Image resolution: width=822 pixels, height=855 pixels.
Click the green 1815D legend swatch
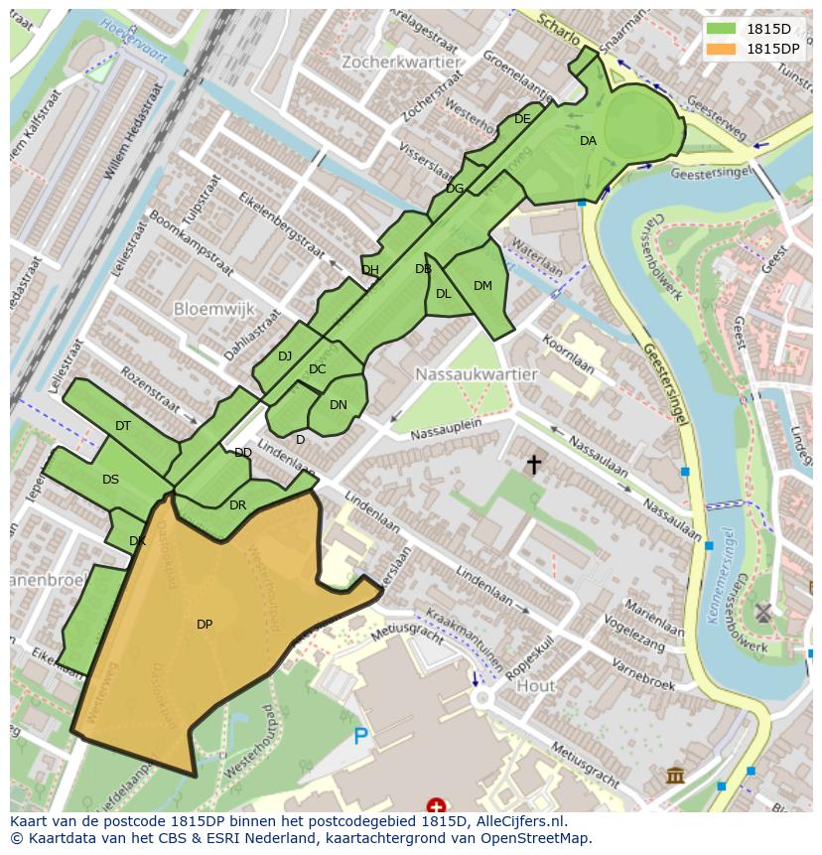(721, 29)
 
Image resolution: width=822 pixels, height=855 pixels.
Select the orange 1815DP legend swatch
(721, 49)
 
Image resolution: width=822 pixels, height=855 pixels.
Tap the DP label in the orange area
(205, 625)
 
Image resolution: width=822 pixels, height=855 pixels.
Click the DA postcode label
(588, 141)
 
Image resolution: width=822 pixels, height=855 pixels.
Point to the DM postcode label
(482, 286)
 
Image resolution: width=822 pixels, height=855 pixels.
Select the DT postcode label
(123, 426)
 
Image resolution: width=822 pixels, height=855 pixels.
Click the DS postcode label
(110, 480)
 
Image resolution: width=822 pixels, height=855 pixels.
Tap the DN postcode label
(339, 405)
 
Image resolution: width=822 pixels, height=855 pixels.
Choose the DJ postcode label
(285, 356)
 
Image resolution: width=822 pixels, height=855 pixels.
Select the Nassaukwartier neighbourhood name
(477, 374)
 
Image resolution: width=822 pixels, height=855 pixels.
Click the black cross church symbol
(534, 464)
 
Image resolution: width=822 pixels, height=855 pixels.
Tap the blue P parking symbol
(360, 737)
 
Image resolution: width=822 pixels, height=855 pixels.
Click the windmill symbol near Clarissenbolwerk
(762, 612)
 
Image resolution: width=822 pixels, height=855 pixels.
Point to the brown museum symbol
(675, 775)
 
